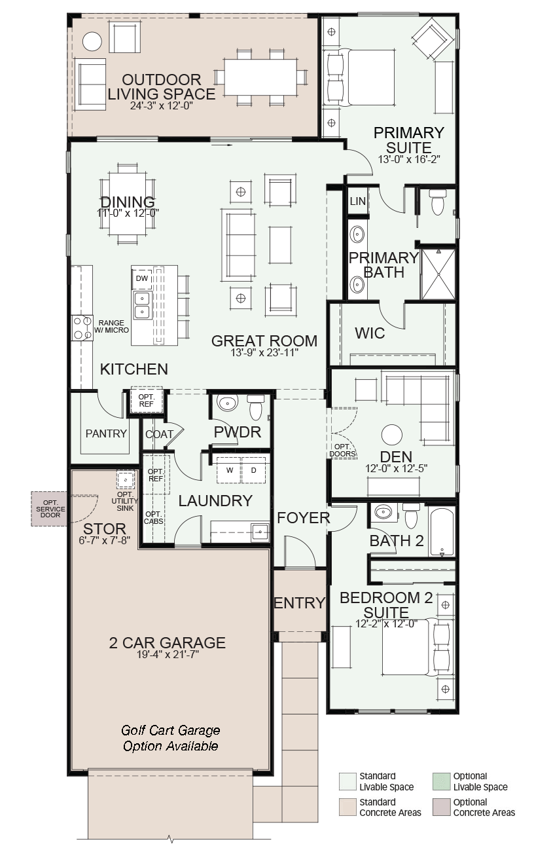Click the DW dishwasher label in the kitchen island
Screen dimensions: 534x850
[x=142, y=278]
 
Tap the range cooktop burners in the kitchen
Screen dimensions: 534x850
[x=82, y=328]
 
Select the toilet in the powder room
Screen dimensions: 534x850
[x=256, y=407]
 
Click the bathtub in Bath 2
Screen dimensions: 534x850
[x=442, y=532]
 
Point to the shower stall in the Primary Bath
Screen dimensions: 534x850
[x=438, y=274]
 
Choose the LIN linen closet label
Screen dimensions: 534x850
[x=358, y=201]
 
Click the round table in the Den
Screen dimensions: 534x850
[x=392, y=435]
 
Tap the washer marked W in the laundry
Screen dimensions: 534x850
[x=230, y=470]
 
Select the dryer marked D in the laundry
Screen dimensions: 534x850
[x=253, y=470]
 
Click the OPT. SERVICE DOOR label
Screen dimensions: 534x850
[x=50, y=509]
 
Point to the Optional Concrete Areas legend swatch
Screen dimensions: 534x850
[x=441, y=807]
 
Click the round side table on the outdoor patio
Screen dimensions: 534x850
[x=92, y=41]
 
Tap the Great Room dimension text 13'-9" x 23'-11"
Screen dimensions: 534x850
[x=264, y=352]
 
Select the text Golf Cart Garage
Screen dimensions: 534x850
[x=170, y=730]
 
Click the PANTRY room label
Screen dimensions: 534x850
[x=106, y=434]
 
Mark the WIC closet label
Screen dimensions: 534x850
[x=370, y=333]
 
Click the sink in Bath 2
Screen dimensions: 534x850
[x=383, y=512]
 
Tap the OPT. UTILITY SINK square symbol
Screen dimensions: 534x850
[x=125, y=480]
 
